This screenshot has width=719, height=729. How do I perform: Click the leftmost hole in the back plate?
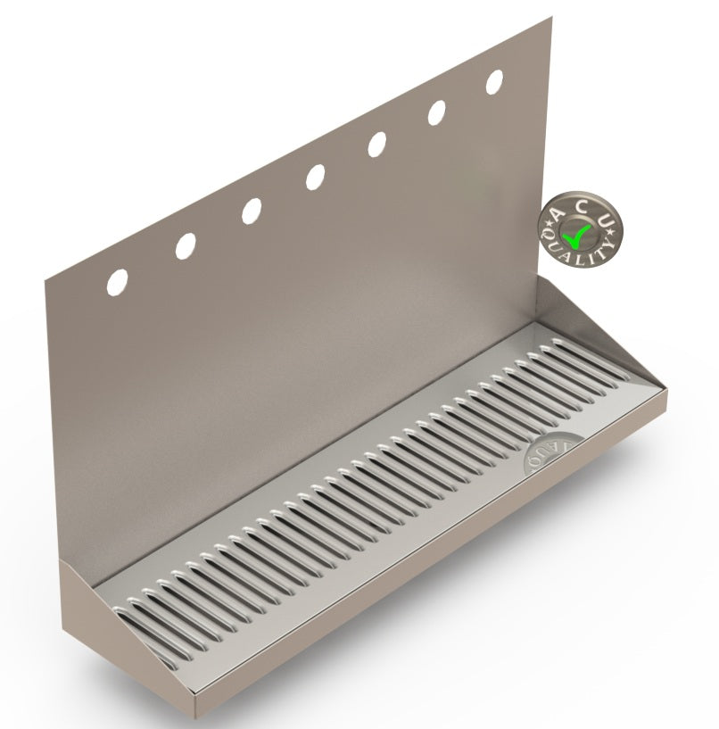(117, 282)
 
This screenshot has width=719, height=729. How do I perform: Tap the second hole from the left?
(186, 246)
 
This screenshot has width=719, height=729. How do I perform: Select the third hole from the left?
(251, 211)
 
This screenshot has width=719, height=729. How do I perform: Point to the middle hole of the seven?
(315, 177)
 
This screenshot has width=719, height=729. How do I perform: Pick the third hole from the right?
(377, 145)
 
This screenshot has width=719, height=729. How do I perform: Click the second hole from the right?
(437, 112)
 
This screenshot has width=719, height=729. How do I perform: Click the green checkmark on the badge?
(578, 235)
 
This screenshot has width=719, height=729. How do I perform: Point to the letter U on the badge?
(606, 220)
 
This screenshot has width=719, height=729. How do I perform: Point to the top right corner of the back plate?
(550, 19)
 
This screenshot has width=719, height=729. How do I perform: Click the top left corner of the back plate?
(46, 280)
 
